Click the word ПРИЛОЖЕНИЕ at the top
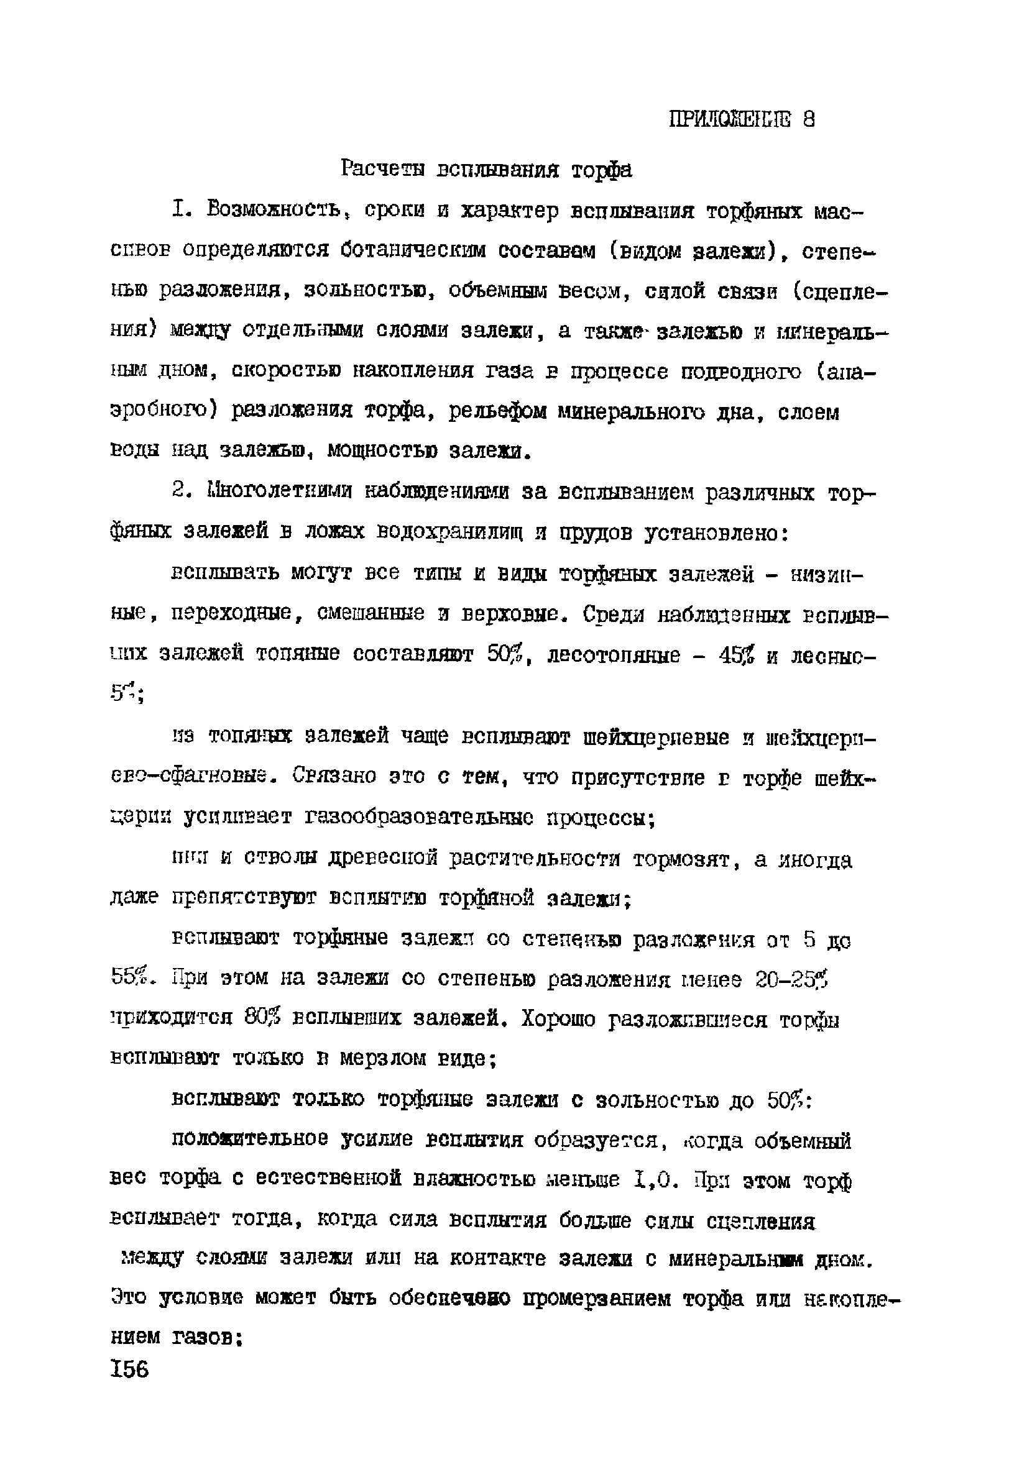click(x=729, y=119)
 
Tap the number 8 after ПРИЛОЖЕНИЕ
click(x=808, y=119)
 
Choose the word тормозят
click(x=683, y=861)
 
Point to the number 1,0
click(x=653, y=1179)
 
